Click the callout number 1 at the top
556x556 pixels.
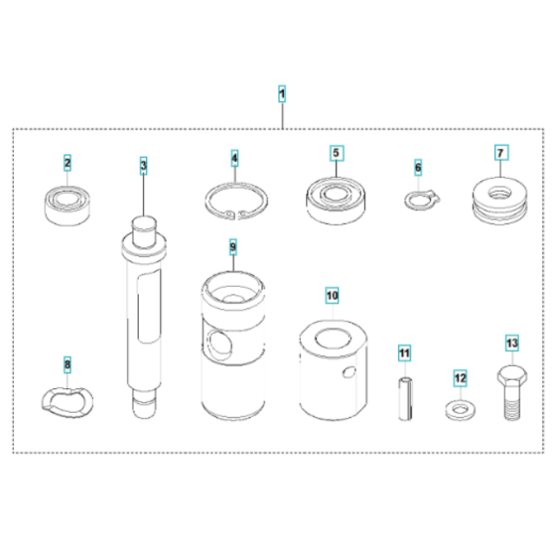pos(282,94)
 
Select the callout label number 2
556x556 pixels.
pos(68,162)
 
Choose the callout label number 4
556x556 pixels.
pos(234,159)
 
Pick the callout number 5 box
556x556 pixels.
pos(336,154)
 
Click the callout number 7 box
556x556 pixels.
pos(501,154)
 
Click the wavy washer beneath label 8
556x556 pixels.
pos(67,396)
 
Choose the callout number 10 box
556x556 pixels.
pos(331,296)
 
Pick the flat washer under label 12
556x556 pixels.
pos(460,406)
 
